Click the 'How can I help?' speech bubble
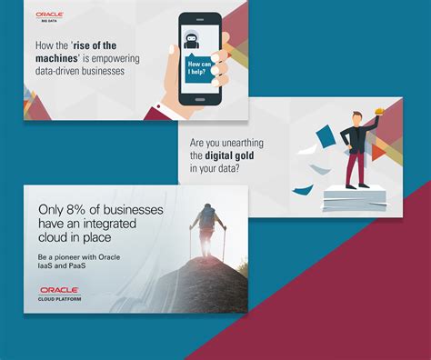(199, 69)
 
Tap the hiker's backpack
(207, 217)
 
